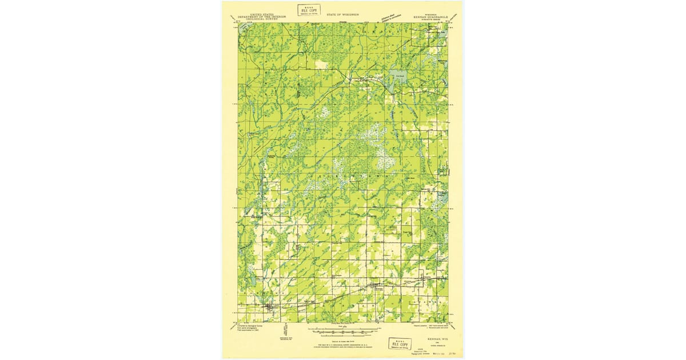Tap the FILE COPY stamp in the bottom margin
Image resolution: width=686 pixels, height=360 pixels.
click(x=400, y=343)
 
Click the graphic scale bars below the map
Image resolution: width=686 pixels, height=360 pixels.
click(x=343, y=331)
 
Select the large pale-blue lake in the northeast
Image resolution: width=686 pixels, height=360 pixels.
click(x=398, y=77)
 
